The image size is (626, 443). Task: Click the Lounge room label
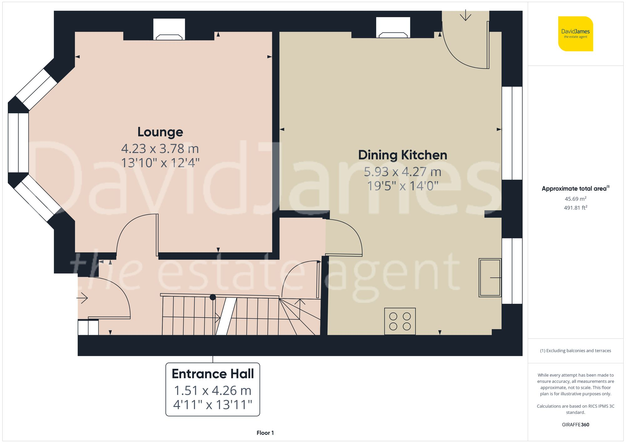[x=160, y=132]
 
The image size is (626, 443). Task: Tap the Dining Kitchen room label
[x=403, y=155]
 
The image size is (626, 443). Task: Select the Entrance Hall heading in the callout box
[x=213, y=374]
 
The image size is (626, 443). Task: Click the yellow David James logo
[x=575, y=34]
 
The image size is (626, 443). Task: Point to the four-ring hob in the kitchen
[x=400, y=321]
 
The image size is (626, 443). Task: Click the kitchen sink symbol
[x=490, y=277]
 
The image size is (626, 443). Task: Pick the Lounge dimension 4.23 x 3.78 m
[x=160, y=149]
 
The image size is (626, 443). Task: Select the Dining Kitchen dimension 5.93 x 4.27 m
[x=403, y=172]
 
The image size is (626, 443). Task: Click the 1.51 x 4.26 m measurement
[x=213, y=390]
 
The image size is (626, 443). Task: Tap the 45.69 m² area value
[x=575, y=199]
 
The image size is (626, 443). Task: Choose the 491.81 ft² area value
[x=575, y=208]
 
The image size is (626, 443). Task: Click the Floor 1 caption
[x=265, y=433]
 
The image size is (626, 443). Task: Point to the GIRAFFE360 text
[x=575, y=425]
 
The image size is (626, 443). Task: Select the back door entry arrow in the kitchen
[x=465, y=16]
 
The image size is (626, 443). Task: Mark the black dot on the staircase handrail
[x=213, y=297]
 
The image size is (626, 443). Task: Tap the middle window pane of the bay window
[x=18, y=143]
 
